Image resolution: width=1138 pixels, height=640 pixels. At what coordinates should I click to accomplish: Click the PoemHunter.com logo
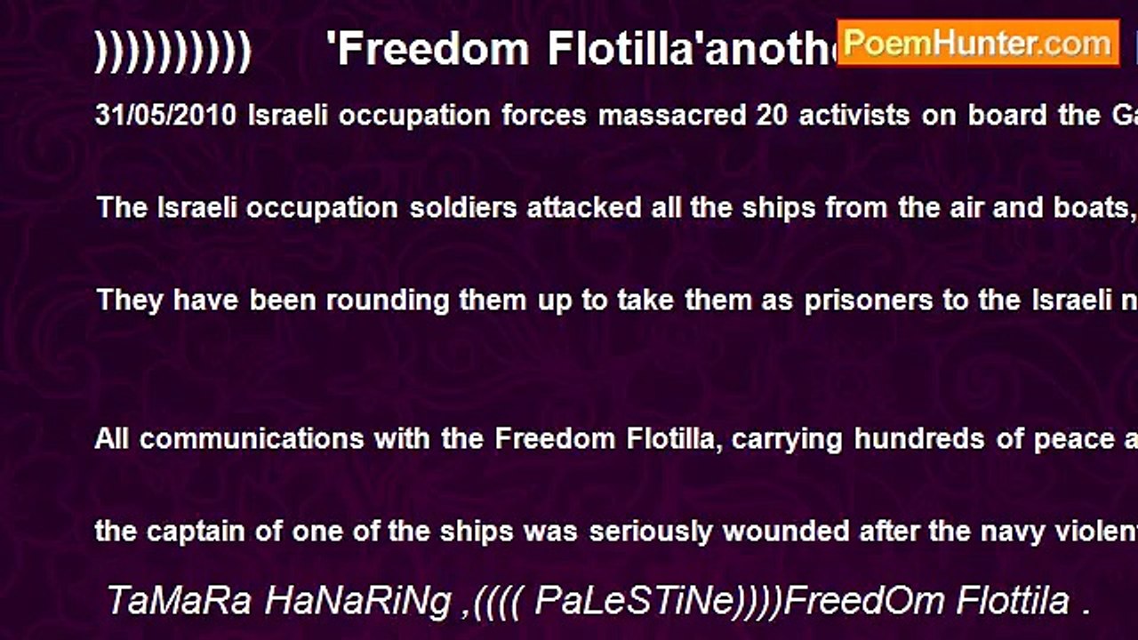click(x=978, y=43)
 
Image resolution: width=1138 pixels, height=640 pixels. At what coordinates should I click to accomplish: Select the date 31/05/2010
click(x=166, y=116)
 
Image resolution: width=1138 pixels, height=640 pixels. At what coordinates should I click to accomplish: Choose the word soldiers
click(x=463, y=208)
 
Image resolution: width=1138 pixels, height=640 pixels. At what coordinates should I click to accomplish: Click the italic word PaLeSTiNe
click(x=637, y=602)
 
